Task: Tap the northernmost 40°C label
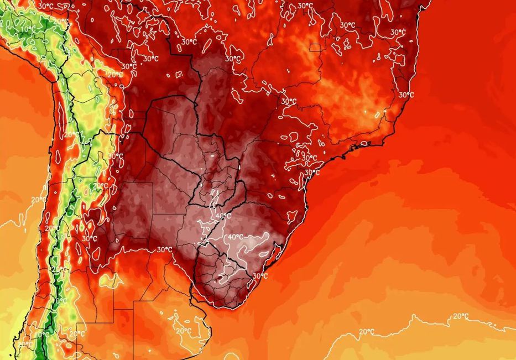click(x=223, y=216)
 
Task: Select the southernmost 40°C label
click(x=236, y=237)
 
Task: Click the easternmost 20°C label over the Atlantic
click(x=461, y=316)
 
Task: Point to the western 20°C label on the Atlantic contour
click(x=366, y=332)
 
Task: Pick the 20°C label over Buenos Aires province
click(x=183, y=331)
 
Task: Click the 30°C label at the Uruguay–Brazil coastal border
click(x=260, y=276)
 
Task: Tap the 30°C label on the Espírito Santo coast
click(x=406, y=95)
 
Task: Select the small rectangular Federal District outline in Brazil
click(x=315, y=48)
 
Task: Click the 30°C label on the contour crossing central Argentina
click(x=164, y=249)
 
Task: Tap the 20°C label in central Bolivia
click(x=115, y=75)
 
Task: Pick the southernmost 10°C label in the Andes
click(x=42, y=334)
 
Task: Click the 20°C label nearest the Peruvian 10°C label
click(x=62, y=22)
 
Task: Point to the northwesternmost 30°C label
click(x=45, y=6)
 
